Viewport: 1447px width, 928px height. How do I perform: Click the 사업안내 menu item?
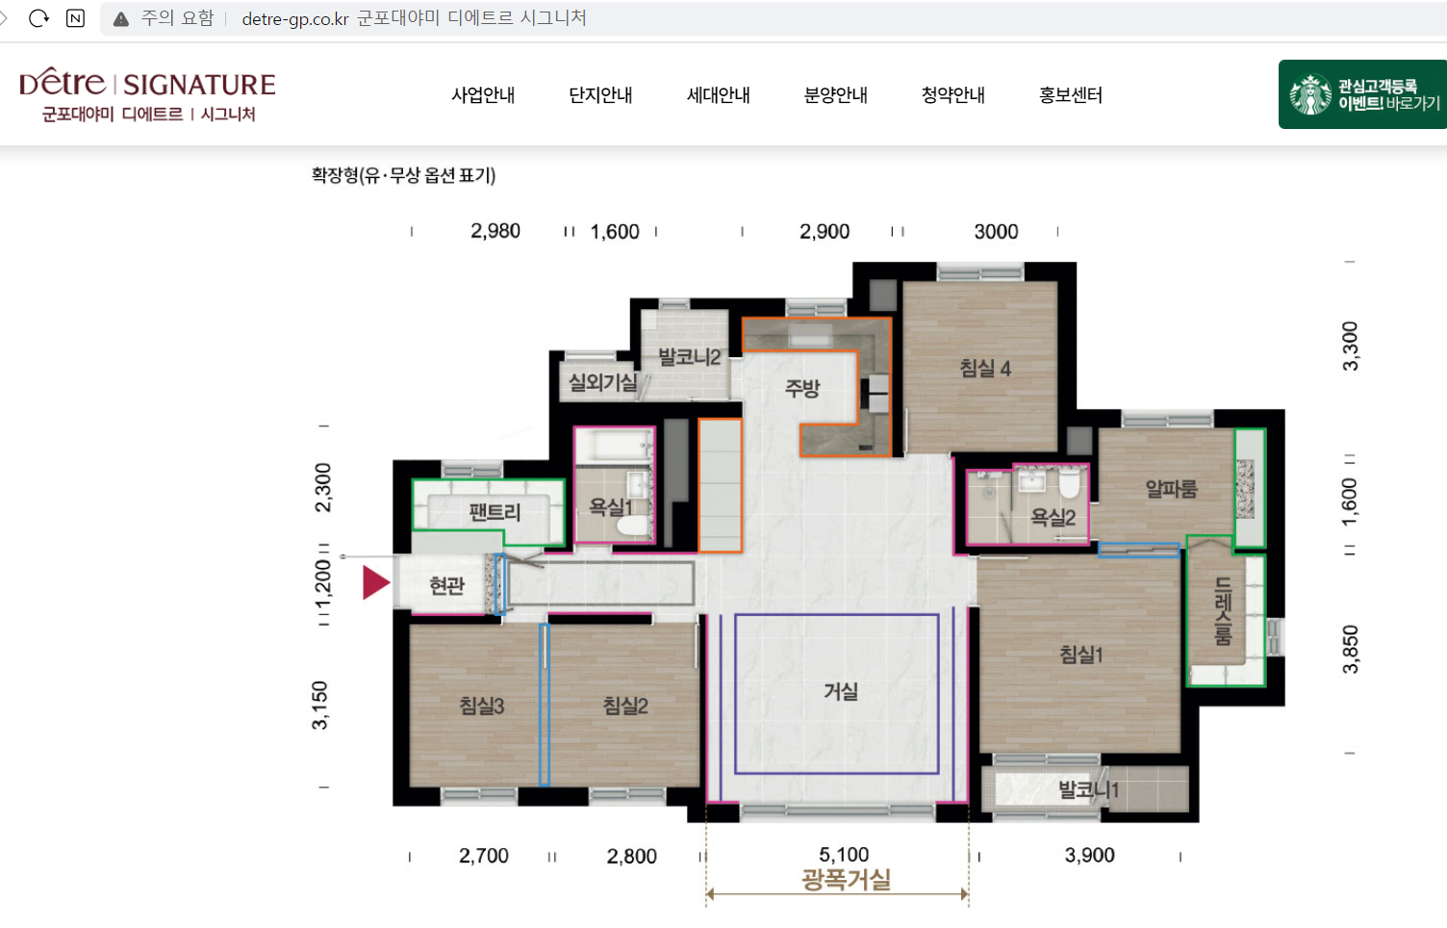click(x=483, y=95)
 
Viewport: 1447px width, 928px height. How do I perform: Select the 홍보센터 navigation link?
click(x=1070, y=95)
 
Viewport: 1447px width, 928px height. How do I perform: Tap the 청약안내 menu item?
click(x=952, y=95)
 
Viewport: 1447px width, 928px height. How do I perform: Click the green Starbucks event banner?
click(x=1362, y=94)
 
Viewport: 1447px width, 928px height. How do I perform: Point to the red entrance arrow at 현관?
click(x=375, y=582)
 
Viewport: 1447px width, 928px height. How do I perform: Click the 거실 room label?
click(x=840, y=691)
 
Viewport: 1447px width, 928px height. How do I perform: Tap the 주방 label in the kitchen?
click(x=802, y=388)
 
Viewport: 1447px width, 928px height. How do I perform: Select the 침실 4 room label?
click(x=984, y=368)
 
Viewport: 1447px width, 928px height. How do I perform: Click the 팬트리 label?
click(x=495, y=512)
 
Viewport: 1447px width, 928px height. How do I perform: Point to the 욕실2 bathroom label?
click(x=1053, y=517)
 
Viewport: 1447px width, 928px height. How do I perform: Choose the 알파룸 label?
click(x=1171, y=489)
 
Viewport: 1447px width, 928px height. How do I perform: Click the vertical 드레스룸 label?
click(x=1223, y=611)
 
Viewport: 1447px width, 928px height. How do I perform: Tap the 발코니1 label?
click(x=1088, y=789)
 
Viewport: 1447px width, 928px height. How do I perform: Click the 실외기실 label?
click(x=603, y=382)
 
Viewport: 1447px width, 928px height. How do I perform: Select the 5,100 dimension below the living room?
click(x=844, y=855)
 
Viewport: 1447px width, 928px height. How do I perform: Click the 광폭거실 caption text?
click(x=846, y=880)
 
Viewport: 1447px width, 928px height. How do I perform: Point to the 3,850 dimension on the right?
click(x=1350, y=649)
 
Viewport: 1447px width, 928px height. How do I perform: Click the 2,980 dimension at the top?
click(x=495, y=231)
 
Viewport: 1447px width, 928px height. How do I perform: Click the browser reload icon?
click(x=38, y=18)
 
